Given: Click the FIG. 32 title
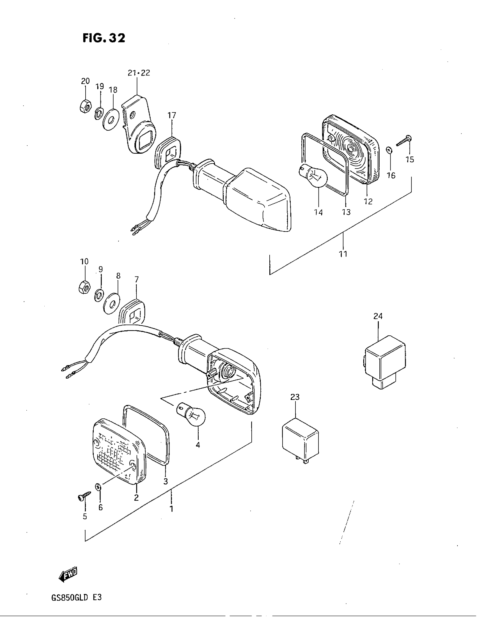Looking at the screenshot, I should pos(104,38).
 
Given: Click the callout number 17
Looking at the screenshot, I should pos(171,115).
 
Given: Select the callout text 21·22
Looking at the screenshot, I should pos(139,73).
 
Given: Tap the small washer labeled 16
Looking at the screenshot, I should pos(389,150).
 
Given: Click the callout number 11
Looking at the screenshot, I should pos(343,254).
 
